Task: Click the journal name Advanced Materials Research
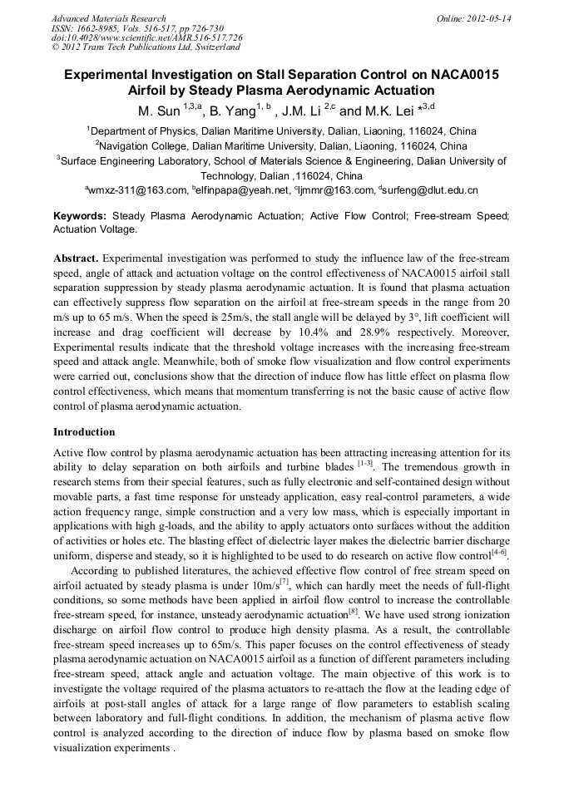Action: click(x=108, y=18)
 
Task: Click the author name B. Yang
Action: click(x=229, y=111)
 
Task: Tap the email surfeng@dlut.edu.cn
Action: click(x=430, y=190)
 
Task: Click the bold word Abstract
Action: click(x=76, y=259)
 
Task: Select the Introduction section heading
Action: click(x=84, y=432)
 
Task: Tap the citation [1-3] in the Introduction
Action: click(x=364, y=463)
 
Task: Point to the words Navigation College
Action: click(x=148, y=145)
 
